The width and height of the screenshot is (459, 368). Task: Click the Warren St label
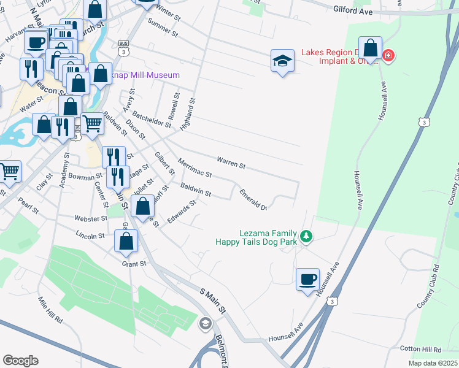(231, 164)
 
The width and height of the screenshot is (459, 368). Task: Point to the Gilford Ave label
(354, 10)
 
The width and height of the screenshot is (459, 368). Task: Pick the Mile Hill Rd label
(51, 310)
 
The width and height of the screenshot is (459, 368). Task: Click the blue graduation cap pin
(282, 61)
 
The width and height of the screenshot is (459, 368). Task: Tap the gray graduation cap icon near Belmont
(206, 323)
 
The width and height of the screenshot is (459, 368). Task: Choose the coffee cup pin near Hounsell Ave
(307, 280)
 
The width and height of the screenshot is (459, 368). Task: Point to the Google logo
(20, 361)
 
